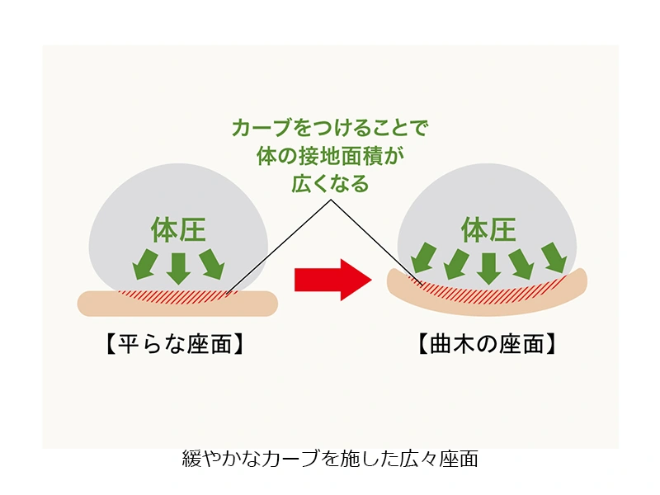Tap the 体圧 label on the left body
click(x=177, y=229)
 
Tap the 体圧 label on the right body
click(x=488, y=229)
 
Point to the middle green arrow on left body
click(x=177, y=266)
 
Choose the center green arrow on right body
click(x=488, y=266)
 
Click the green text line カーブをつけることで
click(x=331, y=130)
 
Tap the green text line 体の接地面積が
click(x=331, y=157)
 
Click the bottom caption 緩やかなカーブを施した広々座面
click(x=330, y=459)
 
